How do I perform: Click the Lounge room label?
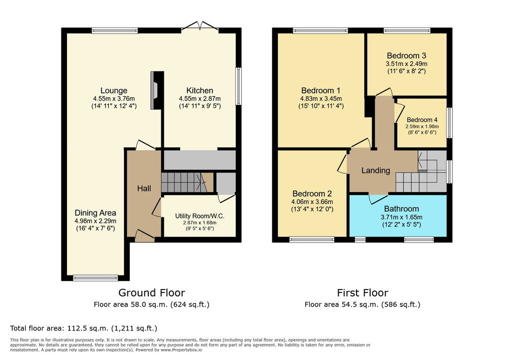[x=114, y=90]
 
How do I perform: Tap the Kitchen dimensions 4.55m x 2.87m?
[x=200, y=98]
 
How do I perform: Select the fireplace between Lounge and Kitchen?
[x=157, y=90]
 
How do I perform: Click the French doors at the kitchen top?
[x=200, y=27]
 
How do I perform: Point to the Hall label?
[x=144, y=188]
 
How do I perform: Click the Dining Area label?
[x=95, y=213]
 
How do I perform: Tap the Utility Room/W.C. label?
[x=200, y=216]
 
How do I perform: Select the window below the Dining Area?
[x=95, y=278]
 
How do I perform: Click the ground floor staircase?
[x=187, y=182]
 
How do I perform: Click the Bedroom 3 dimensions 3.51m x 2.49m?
[x=407, y=64]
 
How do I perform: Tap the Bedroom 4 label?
[x=422, y=120]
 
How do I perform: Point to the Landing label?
[x=376, y=170]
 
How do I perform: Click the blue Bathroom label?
[x=402, y=208]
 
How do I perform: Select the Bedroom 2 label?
[x=312, y=193]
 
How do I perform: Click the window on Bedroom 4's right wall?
[x=450, y=123]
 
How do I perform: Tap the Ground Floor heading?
[x=151, y=292]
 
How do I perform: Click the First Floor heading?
[x=363, y=292]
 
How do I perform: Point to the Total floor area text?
[x=83, y=328]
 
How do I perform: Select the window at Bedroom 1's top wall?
[x=321, y=31]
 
